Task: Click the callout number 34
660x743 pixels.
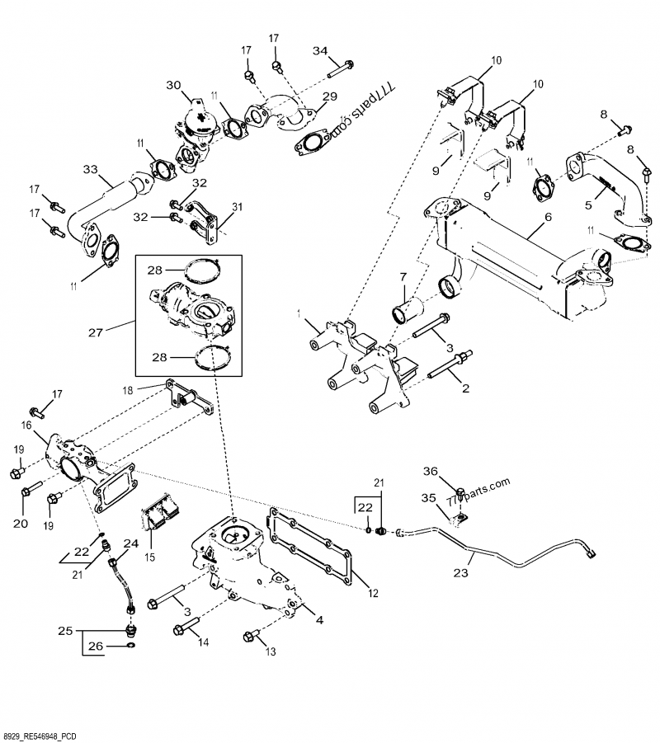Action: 319,52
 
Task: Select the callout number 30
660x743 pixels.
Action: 172,86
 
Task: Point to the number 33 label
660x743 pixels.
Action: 90,170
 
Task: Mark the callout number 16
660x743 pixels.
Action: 26,426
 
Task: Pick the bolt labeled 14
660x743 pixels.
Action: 188,631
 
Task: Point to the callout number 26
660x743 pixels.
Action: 96,647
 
